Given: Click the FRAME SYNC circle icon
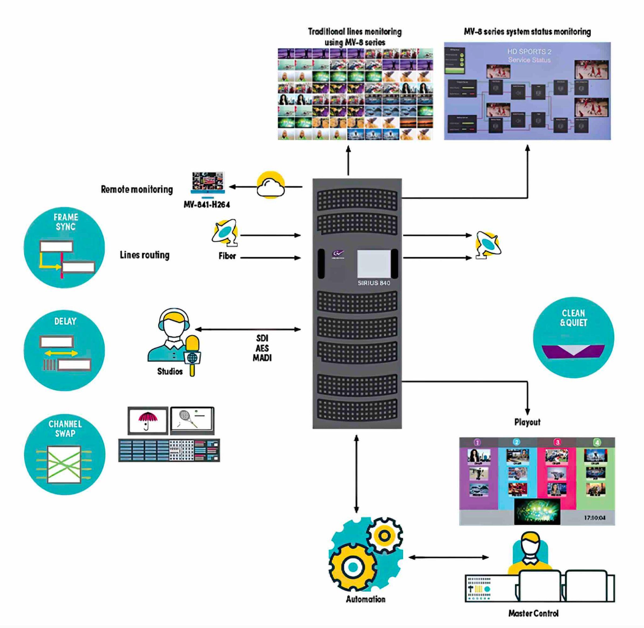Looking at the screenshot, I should coord(64,247).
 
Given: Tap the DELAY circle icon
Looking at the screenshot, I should coord(64,350).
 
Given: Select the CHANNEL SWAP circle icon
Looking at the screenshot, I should coord(65,454).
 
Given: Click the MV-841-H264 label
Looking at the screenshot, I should coord(207,205).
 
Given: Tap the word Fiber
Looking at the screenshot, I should coord(227,256).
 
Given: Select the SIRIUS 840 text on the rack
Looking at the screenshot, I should coord(374,283).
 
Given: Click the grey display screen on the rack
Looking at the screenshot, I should coord(374,263).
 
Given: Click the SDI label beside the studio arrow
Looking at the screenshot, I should coord(262,338).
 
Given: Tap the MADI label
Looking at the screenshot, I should coord(262,358).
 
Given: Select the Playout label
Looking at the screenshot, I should coord(527,422).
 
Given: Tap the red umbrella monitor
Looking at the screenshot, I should coord(148,421).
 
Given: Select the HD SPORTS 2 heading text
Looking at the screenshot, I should coord(529,52).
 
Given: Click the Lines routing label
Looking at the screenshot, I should coord(145,255).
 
